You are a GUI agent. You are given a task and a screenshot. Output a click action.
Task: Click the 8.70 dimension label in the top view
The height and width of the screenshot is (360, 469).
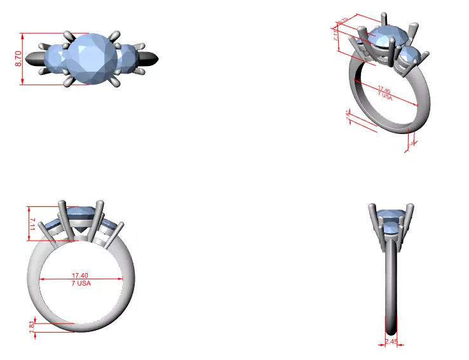pyautogui.click(x=18, y=59)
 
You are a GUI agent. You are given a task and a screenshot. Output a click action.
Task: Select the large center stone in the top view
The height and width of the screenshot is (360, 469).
pyautogui.click(x=92, y=58)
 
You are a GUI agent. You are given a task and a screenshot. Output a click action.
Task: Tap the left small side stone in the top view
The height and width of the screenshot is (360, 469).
pyautogui.click(x=54, y=59)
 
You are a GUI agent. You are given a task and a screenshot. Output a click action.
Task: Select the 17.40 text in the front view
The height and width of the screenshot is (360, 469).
pyautogui.click(x=80, y=276)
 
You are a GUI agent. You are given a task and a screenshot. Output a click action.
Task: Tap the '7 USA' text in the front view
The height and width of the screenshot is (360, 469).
pyautogui.click(x=80, y=283)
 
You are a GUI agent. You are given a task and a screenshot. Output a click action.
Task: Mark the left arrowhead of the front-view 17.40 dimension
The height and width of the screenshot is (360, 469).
pyautogui.click(x=43, y=279)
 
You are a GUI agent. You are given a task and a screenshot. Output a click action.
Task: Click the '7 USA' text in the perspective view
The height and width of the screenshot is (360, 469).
pyautogui.click(x=384, y=97)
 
